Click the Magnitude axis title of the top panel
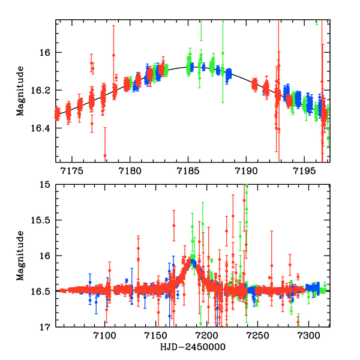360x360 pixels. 20,91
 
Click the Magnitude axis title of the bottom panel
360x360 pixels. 20,256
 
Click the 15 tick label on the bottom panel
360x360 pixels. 46,185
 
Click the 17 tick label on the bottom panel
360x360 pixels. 46,327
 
